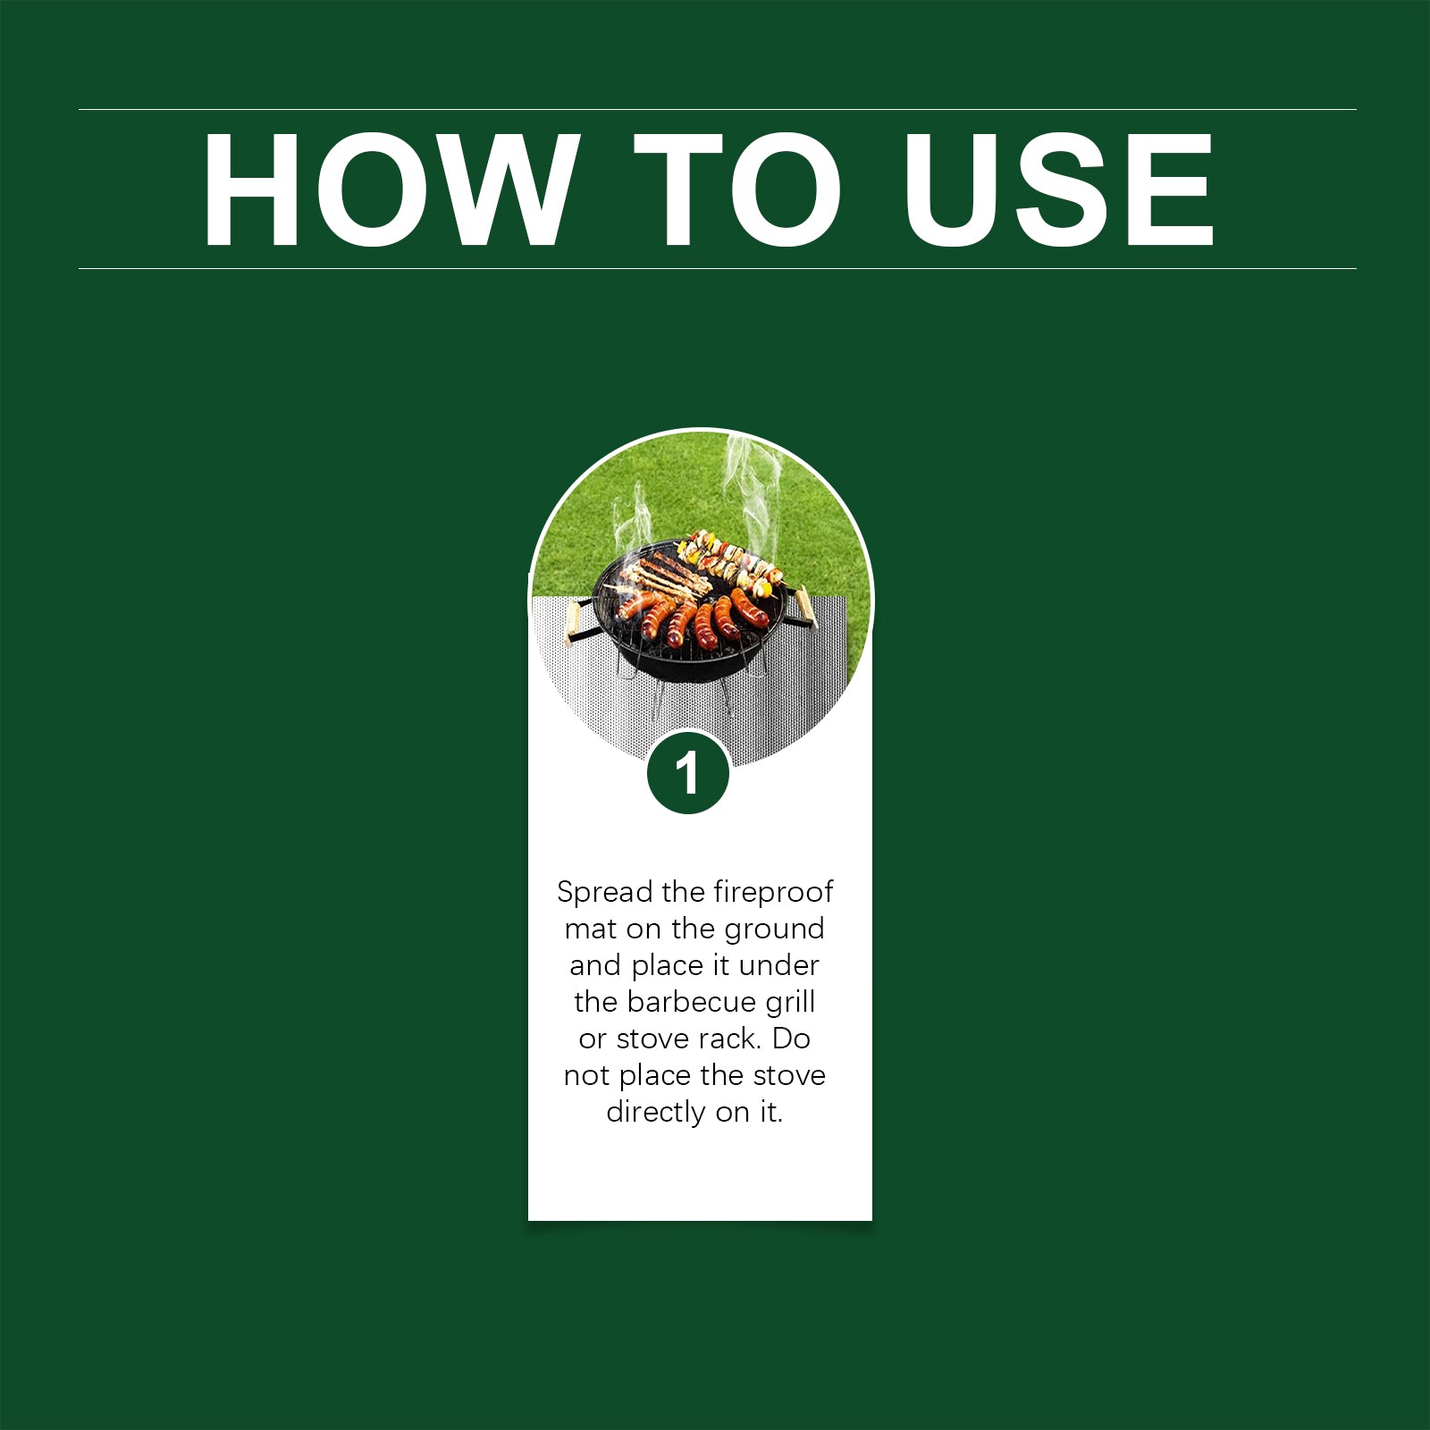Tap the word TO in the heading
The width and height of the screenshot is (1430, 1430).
tap(737, 189)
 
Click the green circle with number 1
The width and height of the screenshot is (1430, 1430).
tap(687, 772)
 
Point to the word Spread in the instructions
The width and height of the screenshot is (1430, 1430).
tap(605, 893)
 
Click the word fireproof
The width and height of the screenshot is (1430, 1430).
tap(773, 892)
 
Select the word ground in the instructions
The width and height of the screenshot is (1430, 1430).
tap(774, 930)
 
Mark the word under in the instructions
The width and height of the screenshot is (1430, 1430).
tap(779, 965)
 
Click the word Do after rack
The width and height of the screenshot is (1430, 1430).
tap(791, 1039)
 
